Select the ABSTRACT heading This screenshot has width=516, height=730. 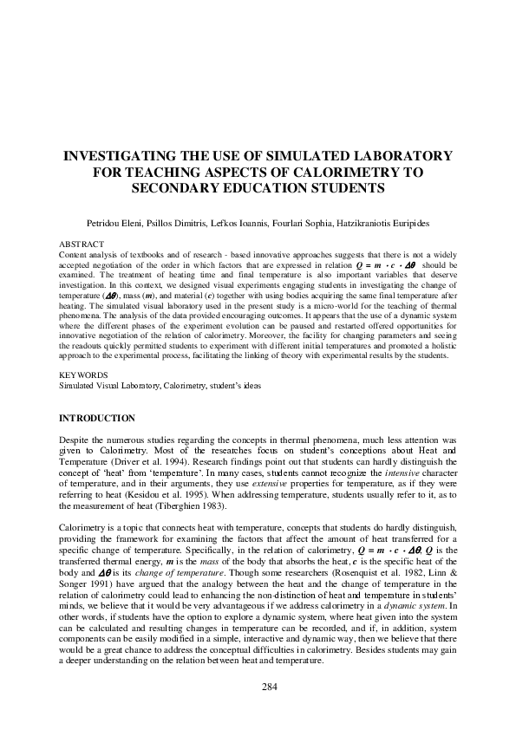pos(81,244)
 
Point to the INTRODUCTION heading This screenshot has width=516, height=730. pos(96,418)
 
